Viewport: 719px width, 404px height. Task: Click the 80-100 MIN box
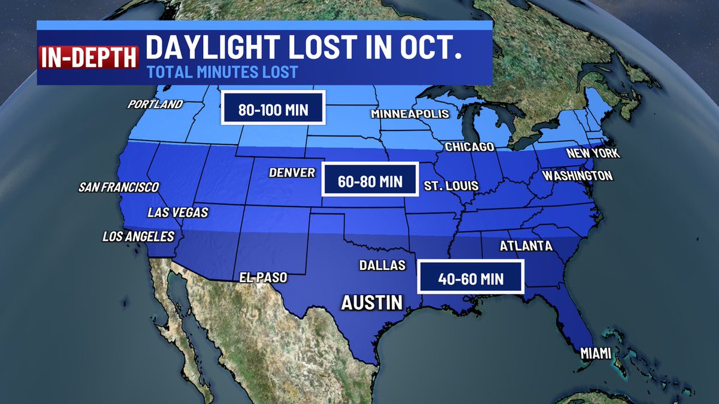click(x=273, y=108)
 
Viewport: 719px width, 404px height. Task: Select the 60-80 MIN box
click(x=370, y=179)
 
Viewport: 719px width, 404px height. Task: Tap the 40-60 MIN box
click(x=470, y=277)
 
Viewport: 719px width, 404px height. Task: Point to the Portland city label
click(x=155, y=104)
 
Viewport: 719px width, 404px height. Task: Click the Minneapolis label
click(x=410, y=114)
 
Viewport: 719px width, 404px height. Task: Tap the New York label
click(x=593, y=154)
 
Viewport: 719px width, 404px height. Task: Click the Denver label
click(x=292, y=173)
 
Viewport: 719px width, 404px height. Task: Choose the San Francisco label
click(x=119, y=187)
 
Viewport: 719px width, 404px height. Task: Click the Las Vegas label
click(x=178, y=212)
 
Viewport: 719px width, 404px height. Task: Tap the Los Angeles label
click(x=138, y=236)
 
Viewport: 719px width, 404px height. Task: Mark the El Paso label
click(x=263, y=278)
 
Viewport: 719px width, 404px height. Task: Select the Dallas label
click(x=383, y=265)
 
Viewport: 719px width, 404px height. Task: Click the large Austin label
click(x=371, y=302)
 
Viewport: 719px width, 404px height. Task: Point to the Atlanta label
click(x=525, y=246)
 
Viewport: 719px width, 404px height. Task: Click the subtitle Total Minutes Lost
click(x=222, y=73)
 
